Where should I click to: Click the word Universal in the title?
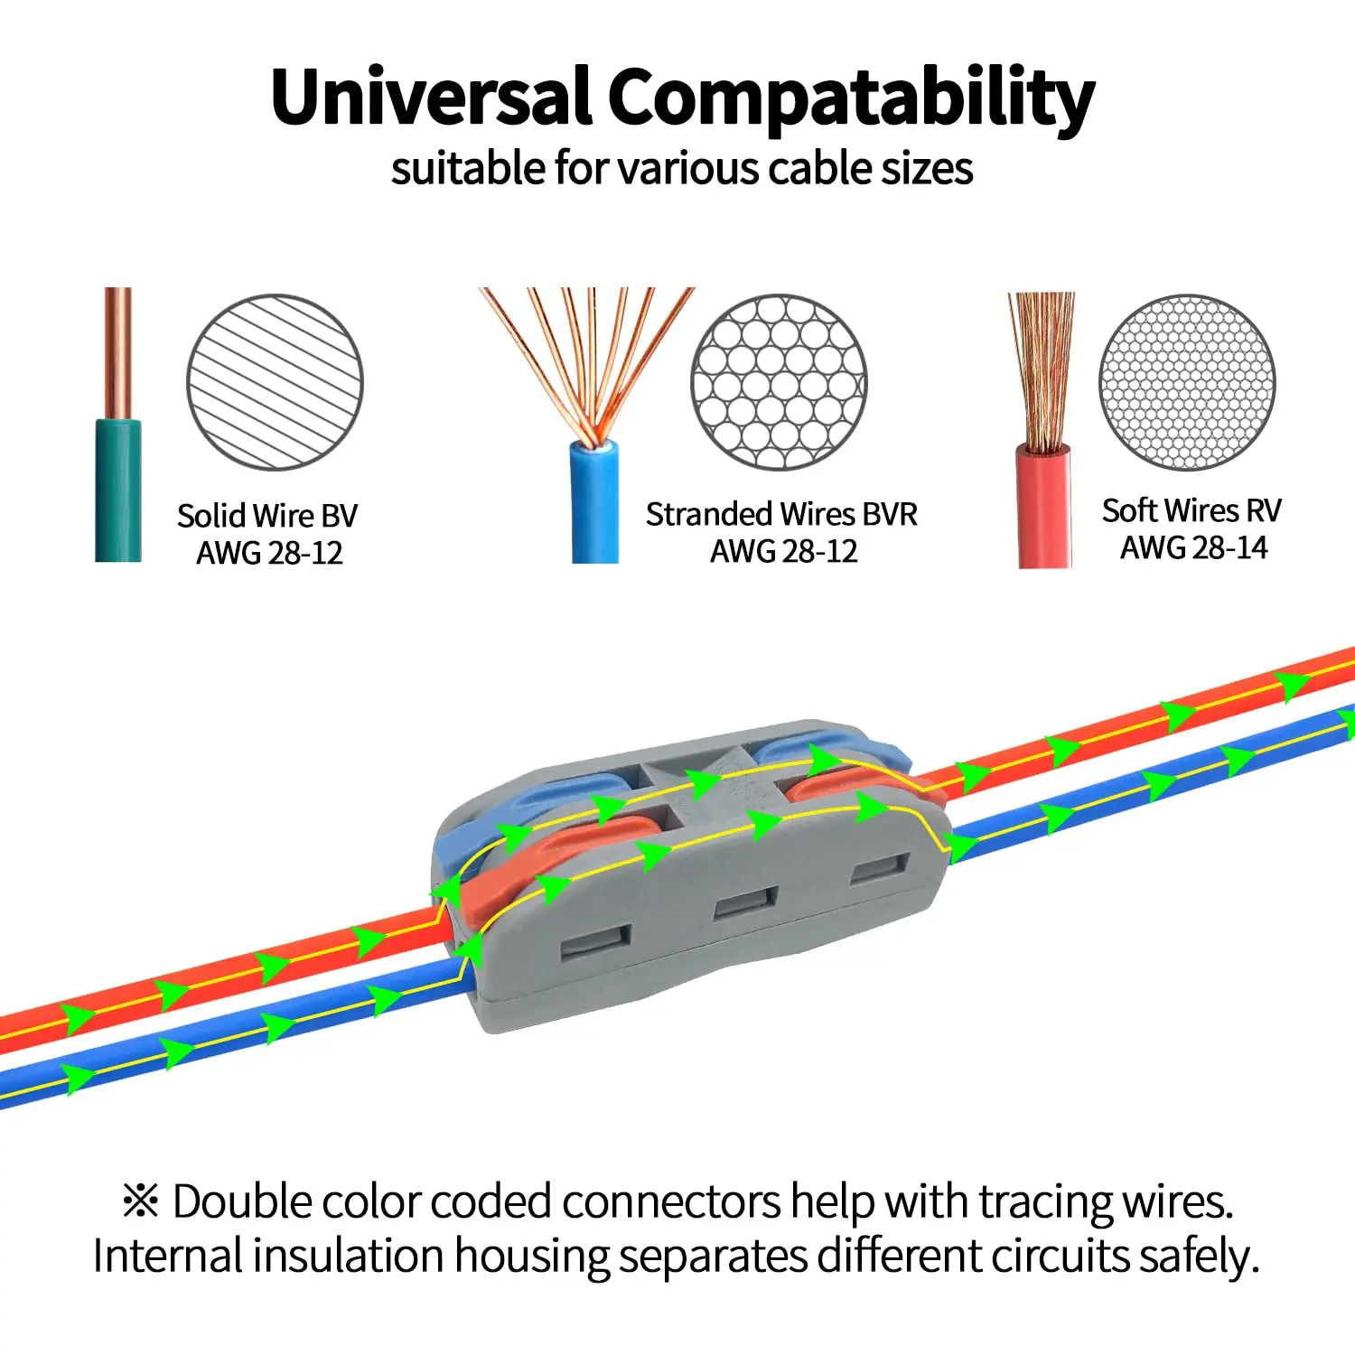(432, 98)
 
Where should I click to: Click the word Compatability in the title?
(851, 99)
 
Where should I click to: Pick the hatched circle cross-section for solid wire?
(275, 382)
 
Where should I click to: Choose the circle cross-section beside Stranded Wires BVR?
(779, 382)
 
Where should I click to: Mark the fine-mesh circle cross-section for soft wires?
(1187, 382)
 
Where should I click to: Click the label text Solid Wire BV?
(267, 516)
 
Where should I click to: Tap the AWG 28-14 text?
(1193, 547)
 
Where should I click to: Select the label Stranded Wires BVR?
(781, 514)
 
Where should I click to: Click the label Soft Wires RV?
(1191, 510)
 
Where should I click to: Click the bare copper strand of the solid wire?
(118, 352)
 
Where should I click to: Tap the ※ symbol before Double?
(141, 1201)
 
